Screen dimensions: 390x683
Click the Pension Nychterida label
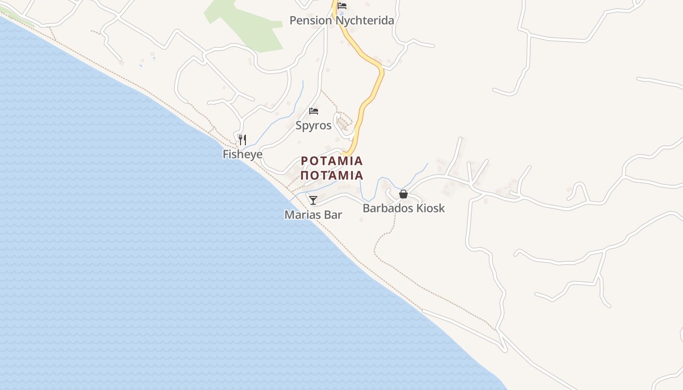coord(341,20)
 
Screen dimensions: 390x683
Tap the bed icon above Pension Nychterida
coord(342,6)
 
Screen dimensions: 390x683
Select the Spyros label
coord(313,126)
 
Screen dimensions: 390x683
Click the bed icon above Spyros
coord(314,111)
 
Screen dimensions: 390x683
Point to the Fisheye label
coord(242,155)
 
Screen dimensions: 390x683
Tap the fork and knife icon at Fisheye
coord(242,140)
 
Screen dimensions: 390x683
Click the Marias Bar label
coord(313,214)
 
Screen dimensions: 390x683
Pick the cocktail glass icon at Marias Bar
coord(313,200)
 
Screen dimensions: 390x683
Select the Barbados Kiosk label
coord(403,208)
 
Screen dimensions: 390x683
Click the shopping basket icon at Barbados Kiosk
coord(403,194)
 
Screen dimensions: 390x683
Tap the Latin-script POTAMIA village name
coord(332,161)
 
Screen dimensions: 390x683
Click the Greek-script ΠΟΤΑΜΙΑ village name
coord(332,175)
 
